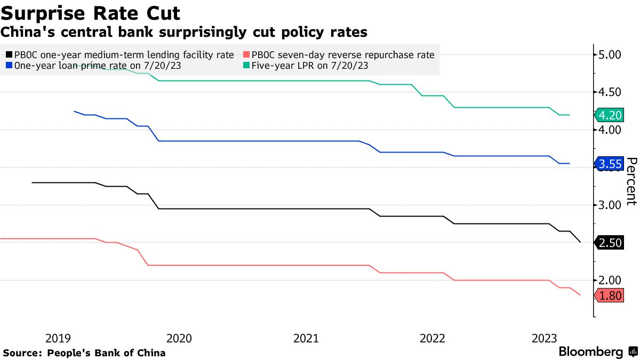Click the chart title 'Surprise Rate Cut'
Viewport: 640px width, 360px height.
[x=90, y=12]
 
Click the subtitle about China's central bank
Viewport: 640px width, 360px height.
[x=184, y=32]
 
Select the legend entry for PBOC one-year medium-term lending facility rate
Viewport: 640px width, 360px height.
[x=120, y=54]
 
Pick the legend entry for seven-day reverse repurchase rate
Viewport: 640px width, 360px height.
[x=339, y=54]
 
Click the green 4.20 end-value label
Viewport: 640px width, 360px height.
[x=610, y=115]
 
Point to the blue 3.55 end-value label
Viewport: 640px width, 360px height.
[x=610, y=164]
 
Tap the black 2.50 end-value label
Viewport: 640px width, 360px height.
[x=610, y=243]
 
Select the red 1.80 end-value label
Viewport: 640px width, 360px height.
[x=610, y=296]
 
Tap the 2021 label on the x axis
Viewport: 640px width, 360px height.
[x=306, y=338]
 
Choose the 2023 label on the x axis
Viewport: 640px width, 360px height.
[x=545, y=338]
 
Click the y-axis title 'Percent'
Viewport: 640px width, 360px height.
[x=631, y=181]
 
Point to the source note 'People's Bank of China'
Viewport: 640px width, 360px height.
[x=106, y=353]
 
